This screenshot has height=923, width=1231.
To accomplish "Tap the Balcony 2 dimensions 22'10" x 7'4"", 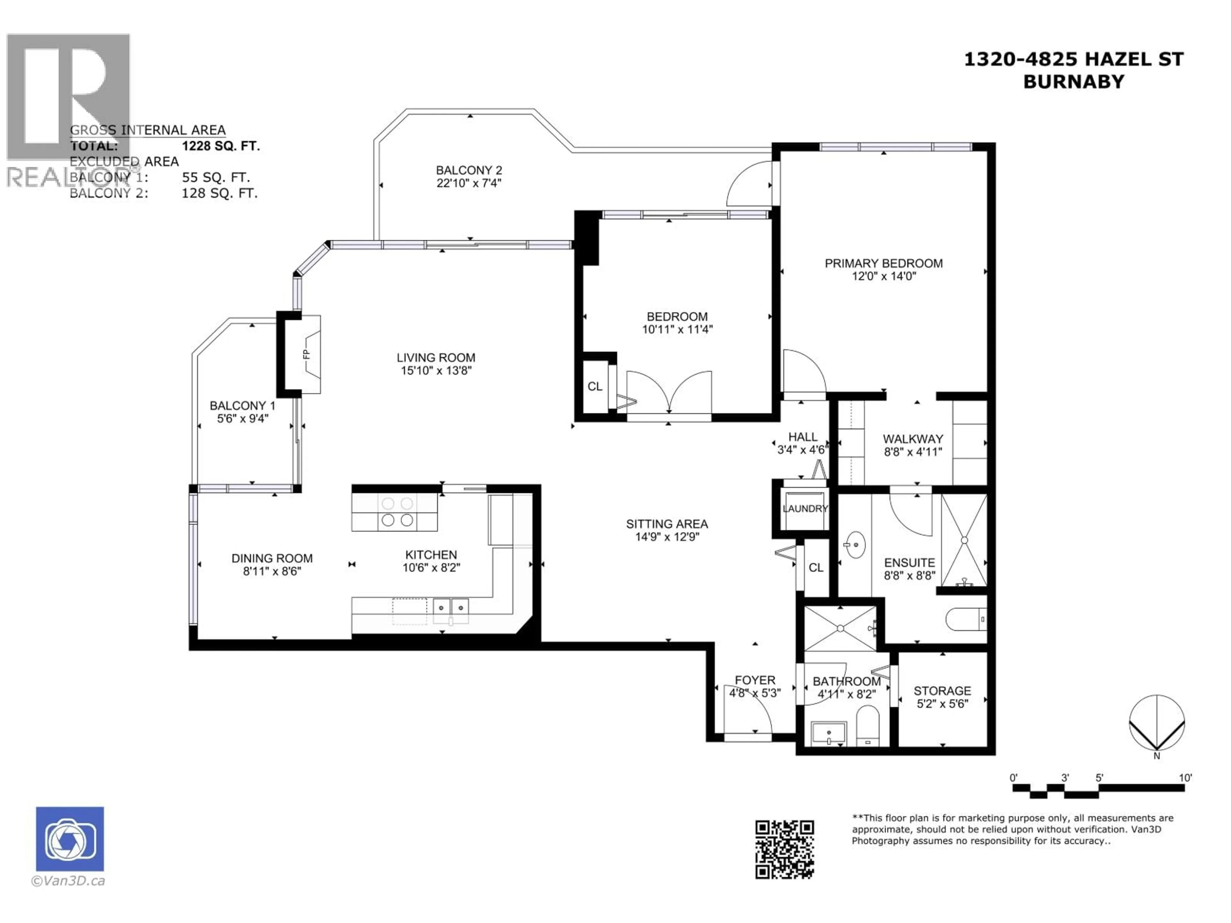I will click(x=469, y=183).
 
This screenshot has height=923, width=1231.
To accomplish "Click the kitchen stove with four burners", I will click(x=397, y=512).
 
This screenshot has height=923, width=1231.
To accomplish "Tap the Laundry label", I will click(x=805, y=509).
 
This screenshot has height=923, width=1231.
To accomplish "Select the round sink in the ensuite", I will click(x=854, y=544).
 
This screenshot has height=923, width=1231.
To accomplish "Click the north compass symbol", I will click(x=1156, y=723).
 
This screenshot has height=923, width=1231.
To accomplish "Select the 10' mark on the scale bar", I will click(x=1185, y=778).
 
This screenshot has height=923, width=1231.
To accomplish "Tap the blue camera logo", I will click(x=70, y=839).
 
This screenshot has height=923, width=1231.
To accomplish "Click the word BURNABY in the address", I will click(x=1074, y=82).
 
